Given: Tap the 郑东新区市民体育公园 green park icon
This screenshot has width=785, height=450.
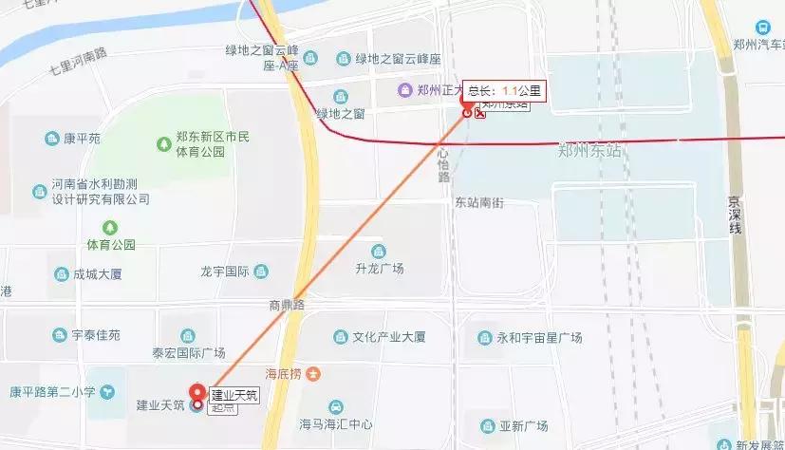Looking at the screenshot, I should point(164,144).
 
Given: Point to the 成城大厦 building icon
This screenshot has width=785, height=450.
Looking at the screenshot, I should point(56,274).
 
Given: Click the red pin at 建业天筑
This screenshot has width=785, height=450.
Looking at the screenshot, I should point(198,393).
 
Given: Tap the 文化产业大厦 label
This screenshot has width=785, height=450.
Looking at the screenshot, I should point(387,337).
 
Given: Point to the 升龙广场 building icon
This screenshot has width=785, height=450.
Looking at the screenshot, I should point(379,252).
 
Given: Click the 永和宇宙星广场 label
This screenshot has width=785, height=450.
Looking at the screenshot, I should point(538,337).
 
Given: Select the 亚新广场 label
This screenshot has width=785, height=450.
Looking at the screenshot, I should point(529,425).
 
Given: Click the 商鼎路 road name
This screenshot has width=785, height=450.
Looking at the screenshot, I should point(286,306).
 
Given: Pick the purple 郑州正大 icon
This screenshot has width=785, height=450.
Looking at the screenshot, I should point(404,90).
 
